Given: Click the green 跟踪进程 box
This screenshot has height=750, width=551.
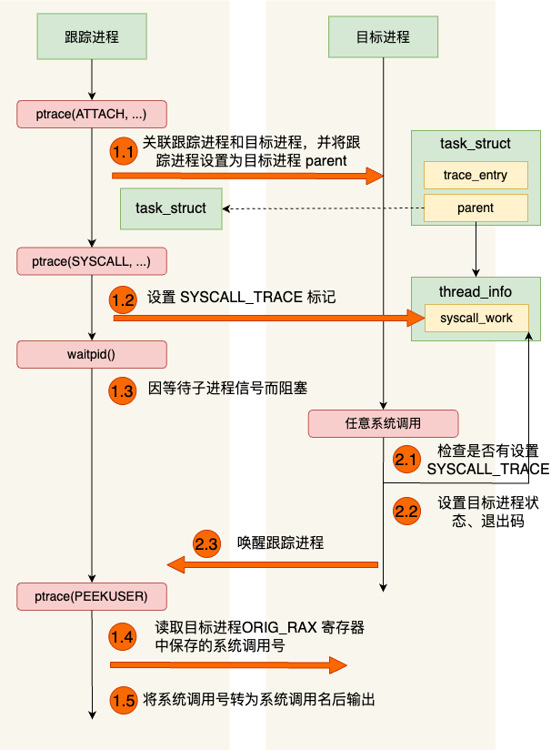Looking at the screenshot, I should (x=92, y=37).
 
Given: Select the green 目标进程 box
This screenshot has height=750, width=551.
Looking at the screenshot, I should (x=383, y=37).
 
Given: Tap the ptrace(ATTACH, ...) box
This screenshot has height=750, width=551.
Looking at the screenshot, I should (x=92, y=114).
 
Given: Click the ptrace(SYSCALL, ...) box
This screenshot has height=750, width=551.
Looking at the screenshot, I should (x=92, y=261).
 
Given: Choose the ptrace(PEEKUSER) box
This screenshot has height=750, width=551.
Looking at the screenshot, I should (x=92, y=596).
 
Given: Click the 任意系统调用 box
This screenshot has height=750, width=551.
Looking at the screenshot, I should (x=383, y=423).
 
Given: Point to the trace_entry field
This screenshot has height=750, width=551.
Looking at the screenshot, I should (x=476, y=175).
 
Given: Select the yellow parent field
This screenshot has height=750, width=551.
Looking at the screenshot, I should (x=476, y=208).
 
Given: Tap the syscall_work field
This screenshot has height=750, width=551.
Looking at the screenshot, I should (x=476, y=318).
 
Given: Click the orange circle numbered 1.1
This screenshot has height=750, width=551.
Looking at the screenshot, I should (x=124, y=150).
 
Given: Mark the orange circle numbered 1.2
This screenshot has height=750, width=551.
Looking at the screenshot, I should (x=124, y=298).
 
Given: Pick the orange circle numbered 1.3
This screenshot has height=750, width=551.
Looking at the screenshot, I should (x=124, y=390).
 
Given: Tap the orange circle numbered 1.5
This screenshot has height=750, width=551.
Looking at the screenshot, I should (x=124, y=700).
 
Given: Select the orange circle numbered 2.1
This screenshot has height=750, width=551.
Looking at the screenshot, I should (x=406, y=459).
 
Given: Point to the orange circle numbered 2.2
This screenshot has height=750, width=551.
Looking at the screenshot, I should (x=406, y=511).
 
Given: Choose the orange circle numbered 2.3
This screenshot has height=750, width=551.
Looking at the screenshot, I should (x=207, y=544).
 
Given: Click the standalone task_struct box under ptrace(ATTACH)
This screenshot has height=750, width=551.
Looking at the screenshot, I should (x=171, y=208).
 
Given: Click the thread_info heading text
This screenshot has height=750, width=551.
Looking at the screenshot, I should (x=476, y=291).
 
